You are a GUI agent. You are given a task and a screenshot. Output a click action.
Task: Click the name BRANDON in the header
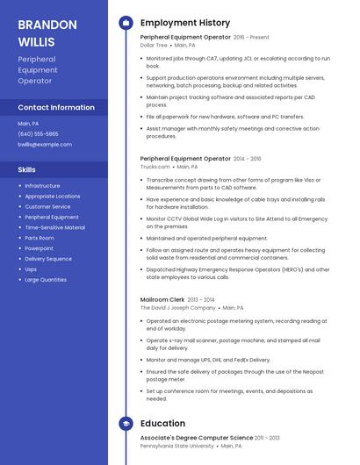pyautogui.click(x=47, y=25)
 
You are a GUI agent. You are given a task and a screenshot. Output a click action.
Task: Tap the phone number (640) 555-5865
pyautogui.click(x=38, y=133)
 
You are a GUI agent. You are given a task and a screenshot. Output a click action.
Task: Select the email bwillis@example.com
pyautogui.click(x=45, y=144)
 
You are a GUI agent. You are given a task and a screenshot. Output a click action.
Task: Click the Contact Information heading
pyautogui.click(x=56, y=108)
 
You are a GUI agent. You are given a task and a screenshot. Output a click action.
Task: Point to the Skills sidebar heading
pyautogui.click(x=27, y=169)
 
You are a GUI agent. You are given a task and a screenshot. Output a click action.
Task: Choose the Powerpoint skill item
pyautogui.click(x=39, y=248)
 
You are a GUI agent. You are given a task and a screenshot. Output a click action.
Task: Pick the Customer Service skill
pyautogui.click(x=48, y=206)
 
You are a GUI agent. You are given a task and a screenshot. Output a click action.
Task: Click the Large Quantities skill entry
pyautogui.click(x=46, y=280)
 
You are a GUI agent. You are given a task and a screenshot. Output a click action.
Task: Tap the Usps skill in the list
pyautogui.click(x=31, y=269)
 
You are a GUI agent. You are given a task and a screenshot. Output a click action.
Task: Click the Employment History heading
pyautogui.click(x=185, y=23)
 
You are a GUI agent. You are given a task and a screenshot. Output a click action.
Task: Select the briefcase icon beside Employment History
pyautogui.click(x=126, y=23)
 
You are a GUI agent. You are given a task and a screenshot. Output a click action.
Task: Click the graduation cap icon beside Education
pyautogui.click(x=126, y=424)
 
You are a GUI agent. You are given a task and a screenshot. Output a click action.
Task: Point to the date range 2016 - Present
pyautogui.click(x=251, y=38)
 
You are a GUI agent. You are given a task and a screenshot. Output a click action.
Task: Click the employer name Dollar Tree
pyautogui.click(x=154, y=45)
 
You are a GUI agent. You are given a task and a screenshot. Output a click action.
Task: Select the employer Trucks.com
pyautogui.click(x=155, y=166)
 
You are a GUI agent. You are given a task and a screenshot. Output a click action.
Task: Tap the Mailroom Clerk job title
pyautogui.click(x=162, y=300)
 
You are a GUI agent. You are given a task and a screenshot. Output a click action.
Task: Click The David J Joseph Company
pyautogui.click(x=177, y=308)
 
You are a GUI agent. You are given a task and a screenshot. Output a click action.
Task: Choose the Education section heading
pyautogui.click(x=162, y=424)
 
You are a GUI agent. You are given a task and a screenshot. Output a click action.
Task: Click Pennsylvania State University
pyautogui.click(x=176, y=446)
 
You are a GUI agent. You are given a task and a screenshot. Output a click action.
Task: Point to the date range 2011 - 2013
pyautogui.click(x=268, y=438)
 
